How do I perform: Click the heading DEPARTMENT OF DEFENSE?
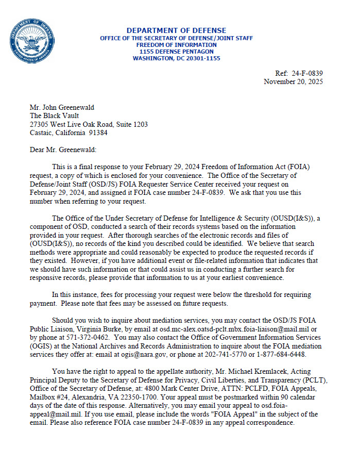point(176,30)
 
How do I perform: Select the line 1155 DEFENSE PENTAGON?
point(176,52)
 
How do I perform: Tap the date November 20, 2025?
point(294,82)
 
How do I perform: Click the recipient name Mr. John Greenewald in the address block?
point(62,107)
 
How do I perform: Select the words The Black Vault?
point(52,115)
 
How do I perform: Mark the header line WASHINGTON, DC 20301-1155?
point(176,59)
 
